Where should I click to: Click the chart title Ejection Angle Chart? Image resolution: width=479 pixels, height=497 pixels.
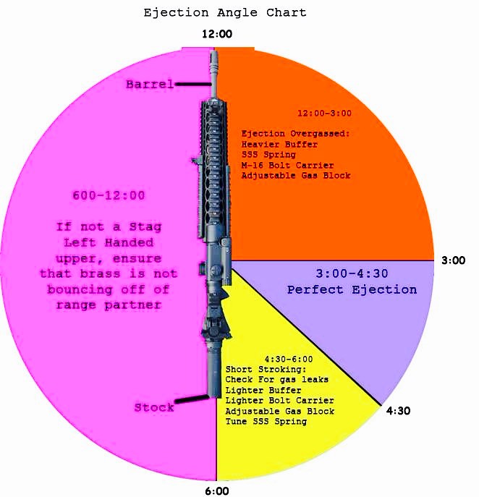point(225,13)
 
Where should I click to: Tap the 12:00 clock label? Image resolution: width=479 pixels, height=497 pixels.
point(217,34)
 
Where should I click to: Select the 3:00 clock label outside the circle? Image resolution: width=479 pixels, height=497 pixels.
point(454,260)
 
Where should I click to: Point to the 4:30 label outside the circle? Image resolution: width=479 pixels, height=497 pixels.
point(398,410)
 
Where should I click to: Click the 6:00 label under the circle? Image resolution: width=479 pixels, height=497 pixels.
point(217,491)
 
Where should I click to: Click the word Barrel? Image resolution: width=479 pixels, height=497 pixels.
point(150,85)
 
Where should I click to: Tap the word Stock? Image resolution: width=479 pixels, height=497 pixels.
point(154,407)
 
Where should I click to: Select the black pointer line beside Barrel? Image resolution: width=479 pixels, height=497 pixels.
point(193,84)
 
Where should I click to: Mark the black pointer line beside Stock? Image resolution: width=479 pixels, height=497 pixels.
point(192,399)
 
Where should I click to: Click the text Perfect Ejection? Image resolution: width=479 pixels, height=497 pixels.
point(352,289)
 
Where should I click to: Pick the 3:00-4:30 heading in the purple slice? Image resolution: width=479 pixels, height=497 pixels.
point(352,273)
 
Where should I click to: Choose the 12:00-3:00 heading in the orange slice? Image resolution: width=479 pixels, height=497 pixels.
point(324,113)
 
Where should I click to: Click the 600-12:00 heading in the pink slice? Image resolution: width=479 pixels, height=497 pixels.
point(109,195)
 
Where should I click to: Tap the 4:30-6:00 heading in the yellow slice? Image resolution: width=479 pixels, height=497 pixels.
point(289,359)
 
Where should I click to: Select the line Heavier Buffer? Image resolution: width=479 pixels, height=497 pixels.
point(279,145)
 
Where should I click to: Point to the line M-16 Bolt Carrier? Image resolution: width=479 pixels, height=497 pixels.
point(287,165)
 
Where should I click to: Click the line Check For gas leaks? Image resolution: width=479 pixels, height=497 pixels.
point(276,379)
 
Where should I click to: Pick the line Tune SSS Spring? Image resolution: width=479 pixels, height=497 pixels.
point(266,422)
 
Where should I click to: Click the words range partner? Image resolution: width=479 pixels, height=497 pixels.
point(109,305)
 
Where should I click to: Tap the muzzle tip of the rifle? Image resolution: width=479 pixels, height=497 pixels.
point(213,51)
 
